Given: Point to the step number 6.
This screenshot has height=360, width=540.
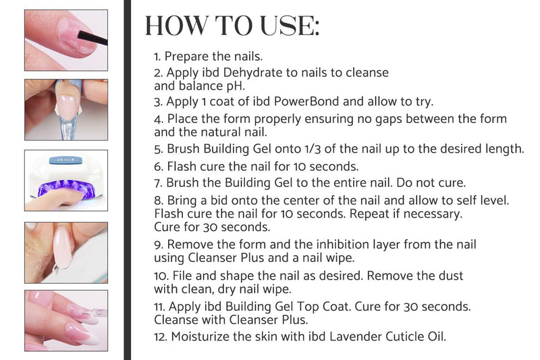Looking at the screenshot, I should pos(158,165).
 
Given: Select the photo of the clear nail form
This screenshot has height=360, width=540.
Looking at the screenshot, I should pos(66,109).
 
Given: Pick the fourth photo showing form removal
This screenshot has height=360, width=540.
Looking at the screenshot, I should pos(66,252).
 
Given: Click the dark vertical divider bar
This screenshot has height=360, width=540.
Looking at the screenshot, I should pos(127,180).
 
